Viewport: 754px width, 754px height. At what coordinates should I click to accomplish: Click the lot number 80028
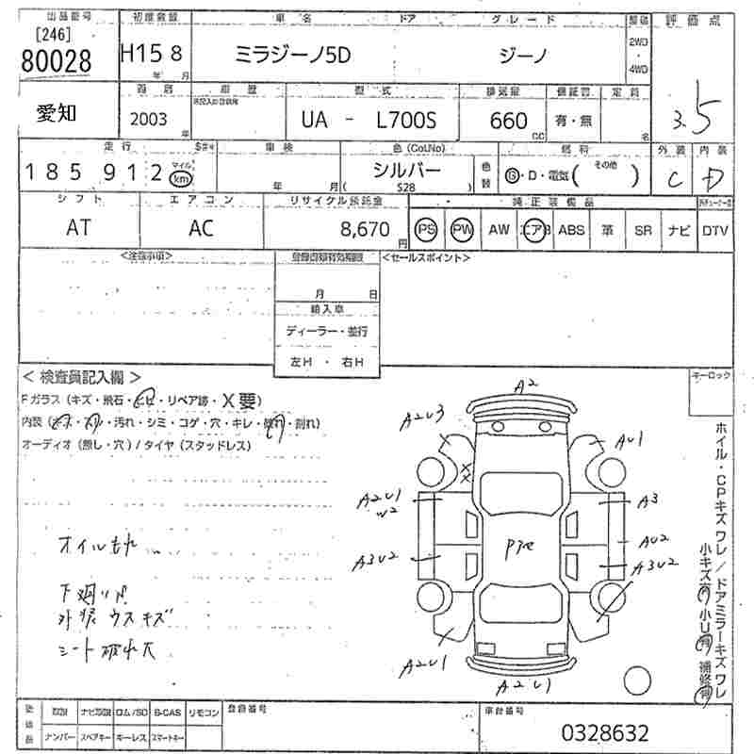(56, 61)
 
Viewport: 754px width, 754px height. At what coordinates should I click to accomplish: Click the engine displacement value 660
(509, 121)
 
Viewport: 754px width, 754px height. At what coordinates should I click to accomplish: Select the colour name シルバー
(407, 171)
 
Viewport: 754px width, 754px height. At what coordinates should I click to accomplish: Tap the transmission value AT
(79, 227)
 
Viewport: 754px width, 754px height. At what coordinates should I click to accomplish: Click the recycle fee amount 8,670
(364, 228)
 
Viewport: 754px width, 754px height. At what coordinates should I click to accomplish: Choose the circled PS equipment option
(426, 230)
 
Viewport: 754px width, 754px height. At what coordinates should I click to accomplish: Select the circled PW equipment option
(462, 230)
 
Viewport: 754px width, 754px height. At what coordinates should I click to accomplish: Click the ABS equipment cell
(571, 229)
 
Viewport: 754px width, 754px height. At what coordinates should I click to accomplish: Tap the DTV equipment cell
(714, 230)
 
